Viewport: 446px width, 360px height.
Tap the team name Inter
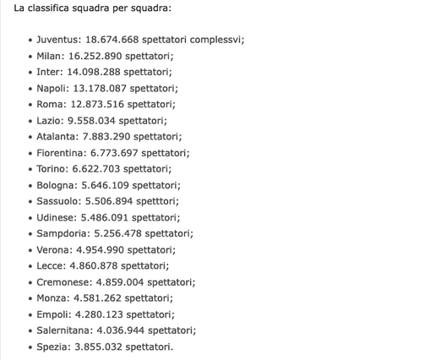click(x=49, y=72)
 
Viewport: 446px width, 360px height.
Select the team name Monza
click(x=52, y=297)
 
